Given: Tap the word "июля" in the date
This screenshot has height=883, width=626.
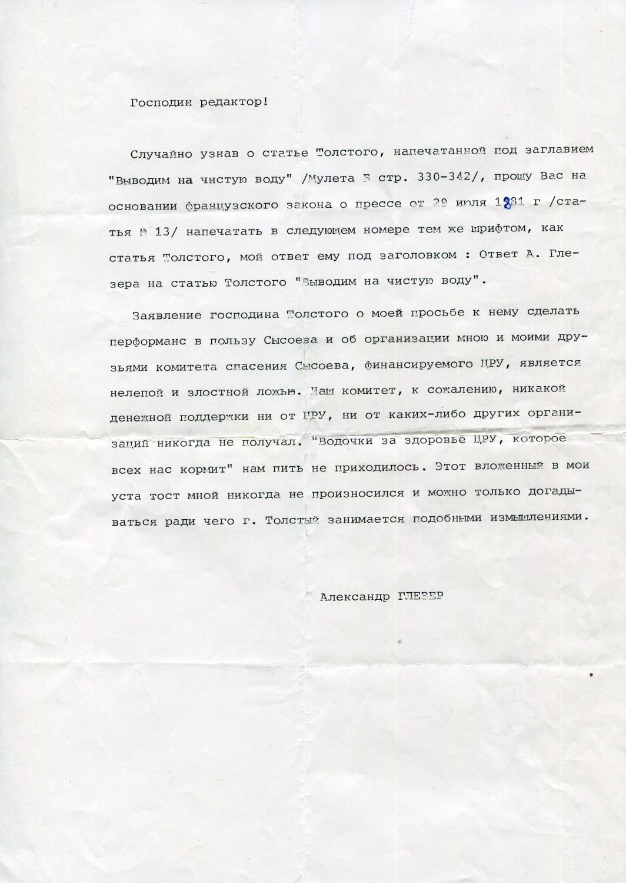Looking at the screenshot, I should tap(470, 204).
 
